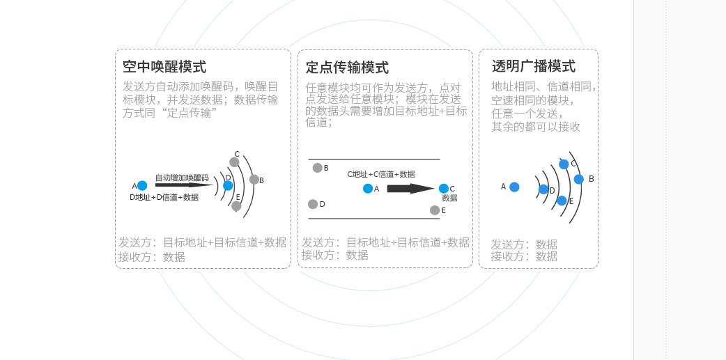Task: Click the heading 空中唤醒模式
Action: click(164, 68)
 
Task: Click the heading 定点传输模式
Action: click(347, 68)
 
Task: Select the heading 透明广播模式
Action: click(534, 67)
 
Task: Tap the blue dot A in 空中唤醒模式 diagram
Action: click(142, 186)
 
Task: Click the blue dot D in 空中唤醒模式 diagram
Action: click(228, 186)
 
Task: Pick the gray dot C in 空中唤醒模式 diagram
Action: click(234, 162)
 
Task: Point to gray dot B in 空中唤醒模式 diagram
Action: click(254, 180)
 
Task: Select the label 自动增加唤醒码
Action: click(182, 178)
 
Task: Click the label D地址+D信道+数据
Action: click(164, 197)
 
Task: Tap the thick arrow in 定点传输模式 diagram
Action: click(410, 189)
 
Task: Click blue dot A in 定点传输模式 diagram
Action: click(368, 189)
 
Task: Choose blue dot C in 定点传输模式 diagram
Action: click(444, 189)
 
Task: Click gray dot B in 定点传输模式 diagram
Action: click(318, 168)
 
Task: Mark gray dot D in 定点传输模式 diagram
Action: click(313, 204)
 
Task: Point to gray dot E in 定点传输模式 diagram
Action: click(435, 210)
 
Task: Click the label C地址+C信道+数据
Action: click(380, 174)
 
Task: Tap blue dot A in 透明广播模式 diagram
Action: click(514, 187)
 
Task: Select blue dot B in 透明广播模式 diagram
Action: click(578, 179)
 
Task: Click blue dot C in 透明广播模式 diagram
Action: click(564, 164)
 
